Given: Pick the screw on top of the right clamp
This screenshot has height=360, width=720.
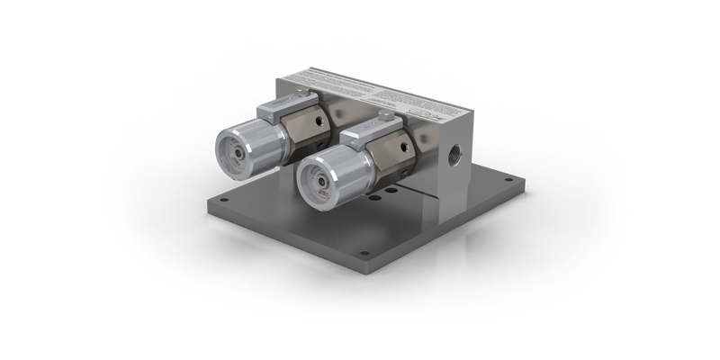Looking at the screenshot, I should (x=387, y=114).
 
